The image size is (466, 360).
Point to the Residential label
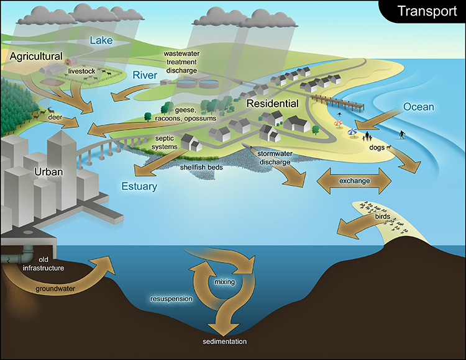pos(272,104)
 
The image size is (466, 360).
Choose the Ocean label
pos(418,107)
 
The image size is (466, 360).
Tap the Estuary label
pos(139,186)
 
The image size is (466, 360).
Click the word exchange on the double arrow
pos(354,181)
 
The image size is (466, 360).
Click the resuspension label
pos(171,299)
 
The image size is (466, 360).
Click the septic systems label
pos(165,142)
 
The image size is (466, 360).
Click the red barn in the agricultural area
pos(69,61)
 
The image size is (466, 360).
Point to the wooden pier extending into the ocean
pos(338,101)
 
